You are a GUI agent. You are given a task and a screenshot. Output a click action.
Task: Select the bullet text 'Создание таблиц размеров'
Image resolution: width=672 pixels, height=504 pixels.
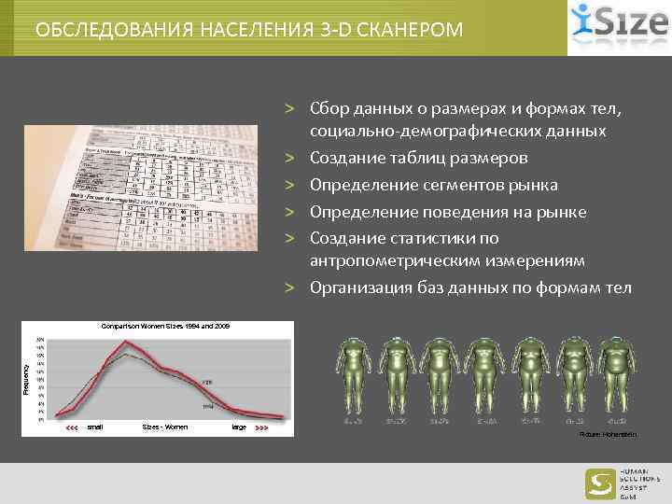pos(419,159)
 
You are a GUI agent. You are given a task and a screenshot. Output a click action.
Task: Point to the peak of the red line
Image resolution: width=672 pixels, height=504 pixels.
pos(128,343)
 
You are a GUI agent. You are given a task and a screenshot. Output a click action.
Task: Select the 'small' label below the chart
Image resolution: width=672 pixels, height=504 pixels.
pos(94,427)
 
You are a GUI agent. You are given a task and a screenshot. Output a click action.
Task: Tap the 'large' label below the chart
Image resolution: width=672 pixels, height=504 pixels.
pos(239,427)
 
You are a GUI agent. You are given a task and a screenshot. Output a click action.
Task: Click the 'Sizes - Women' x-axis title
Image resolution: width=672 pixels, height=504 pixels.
pos(164,427)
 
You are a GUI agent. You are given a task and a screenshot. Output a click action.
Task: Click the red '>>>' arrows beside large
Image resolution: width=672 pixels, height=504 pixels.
pos(261,427)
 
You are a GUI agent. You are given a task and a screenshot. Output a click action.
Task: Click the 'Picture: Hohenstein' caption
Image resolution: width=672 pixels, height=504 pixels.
pos(608,435)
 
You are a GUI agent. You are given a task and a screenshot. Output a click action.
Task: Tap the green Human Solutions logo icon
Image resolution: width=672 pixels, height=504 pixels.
pos(599,483)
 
